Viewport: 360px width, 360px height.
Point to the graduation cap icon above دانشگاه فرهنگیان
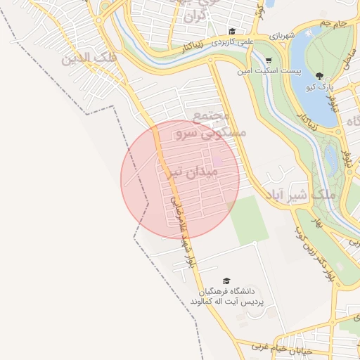point(226,281)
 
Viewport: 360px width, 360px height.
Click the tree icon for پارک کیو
point(320,76)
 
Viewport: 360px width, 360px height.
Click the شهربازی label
point(300,34)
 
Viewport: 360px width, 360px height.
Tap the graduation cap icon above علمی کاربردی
point(232,31)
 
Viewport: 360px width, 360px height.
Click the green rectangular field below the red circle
point(249,220)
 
